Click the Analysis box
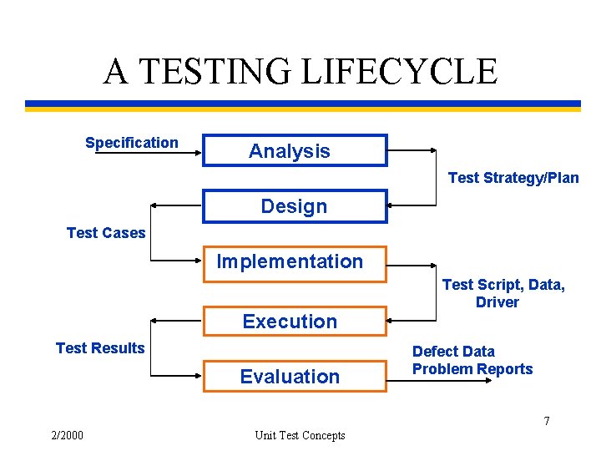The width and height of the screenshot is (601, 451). (x=295, y=151)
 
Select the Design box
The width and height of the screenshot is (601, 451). (x=295, y=206)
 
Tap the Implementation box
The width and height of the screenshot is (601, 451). (x=295, y=262)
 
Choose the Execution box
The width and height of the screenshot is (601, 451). (x=295, y=322)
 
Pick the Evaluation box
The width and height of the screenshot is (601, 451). (x=295, y=377)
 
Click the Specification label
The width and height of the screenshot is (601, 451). (x=131, y=143)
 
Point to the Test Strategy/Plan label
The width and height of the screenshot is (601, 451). (x=513, y=178)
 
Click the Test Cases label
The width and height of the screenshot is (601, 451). (x=106, y=233)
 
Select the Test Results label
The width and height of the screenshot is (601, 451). (x=100, y=348)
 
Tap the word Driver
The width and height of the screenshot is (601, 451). (x=497, y=302)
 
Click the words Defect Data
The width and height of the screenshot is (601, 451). (x=453, y=352)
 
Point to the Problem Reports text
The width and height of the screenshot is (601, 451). (x=472, y=369)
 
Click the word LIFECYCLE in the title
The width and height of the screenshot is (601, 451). (x=398, y=72)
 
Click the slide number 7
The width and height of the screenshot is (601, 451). (x=547, y=421)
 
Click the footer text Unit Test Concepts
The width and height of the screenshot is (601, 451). (x=300, y=435)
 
